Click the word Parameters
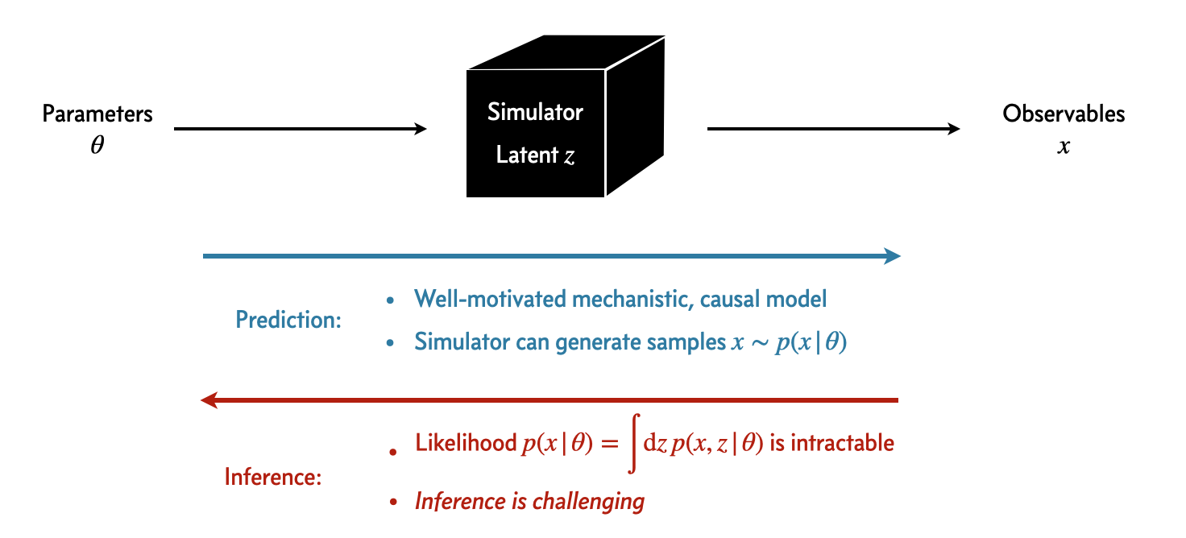(97, 114)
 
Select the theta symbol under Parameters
(97, 147)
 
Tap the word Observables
(1064, 114)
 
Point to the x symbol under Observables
(1064, 148)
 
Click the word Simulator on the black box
(535, 112)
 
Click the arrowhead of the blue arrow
(891, 256)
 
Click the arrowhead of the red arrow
(209, 399)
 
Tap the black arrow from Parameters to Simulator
(300, 129)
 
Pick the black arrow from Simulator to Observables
(833, 129)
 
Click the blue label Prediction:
(288, 320)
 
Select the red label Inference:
(273, 478)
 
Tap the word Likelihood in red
(465, 443)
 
